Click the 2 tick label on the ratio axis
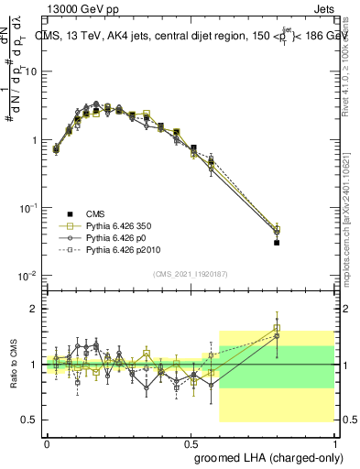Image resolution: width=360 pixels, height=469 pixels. click(32, 310)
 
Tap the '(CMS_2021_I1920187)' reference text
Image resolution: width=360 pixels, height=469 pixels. click(190, 272)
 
